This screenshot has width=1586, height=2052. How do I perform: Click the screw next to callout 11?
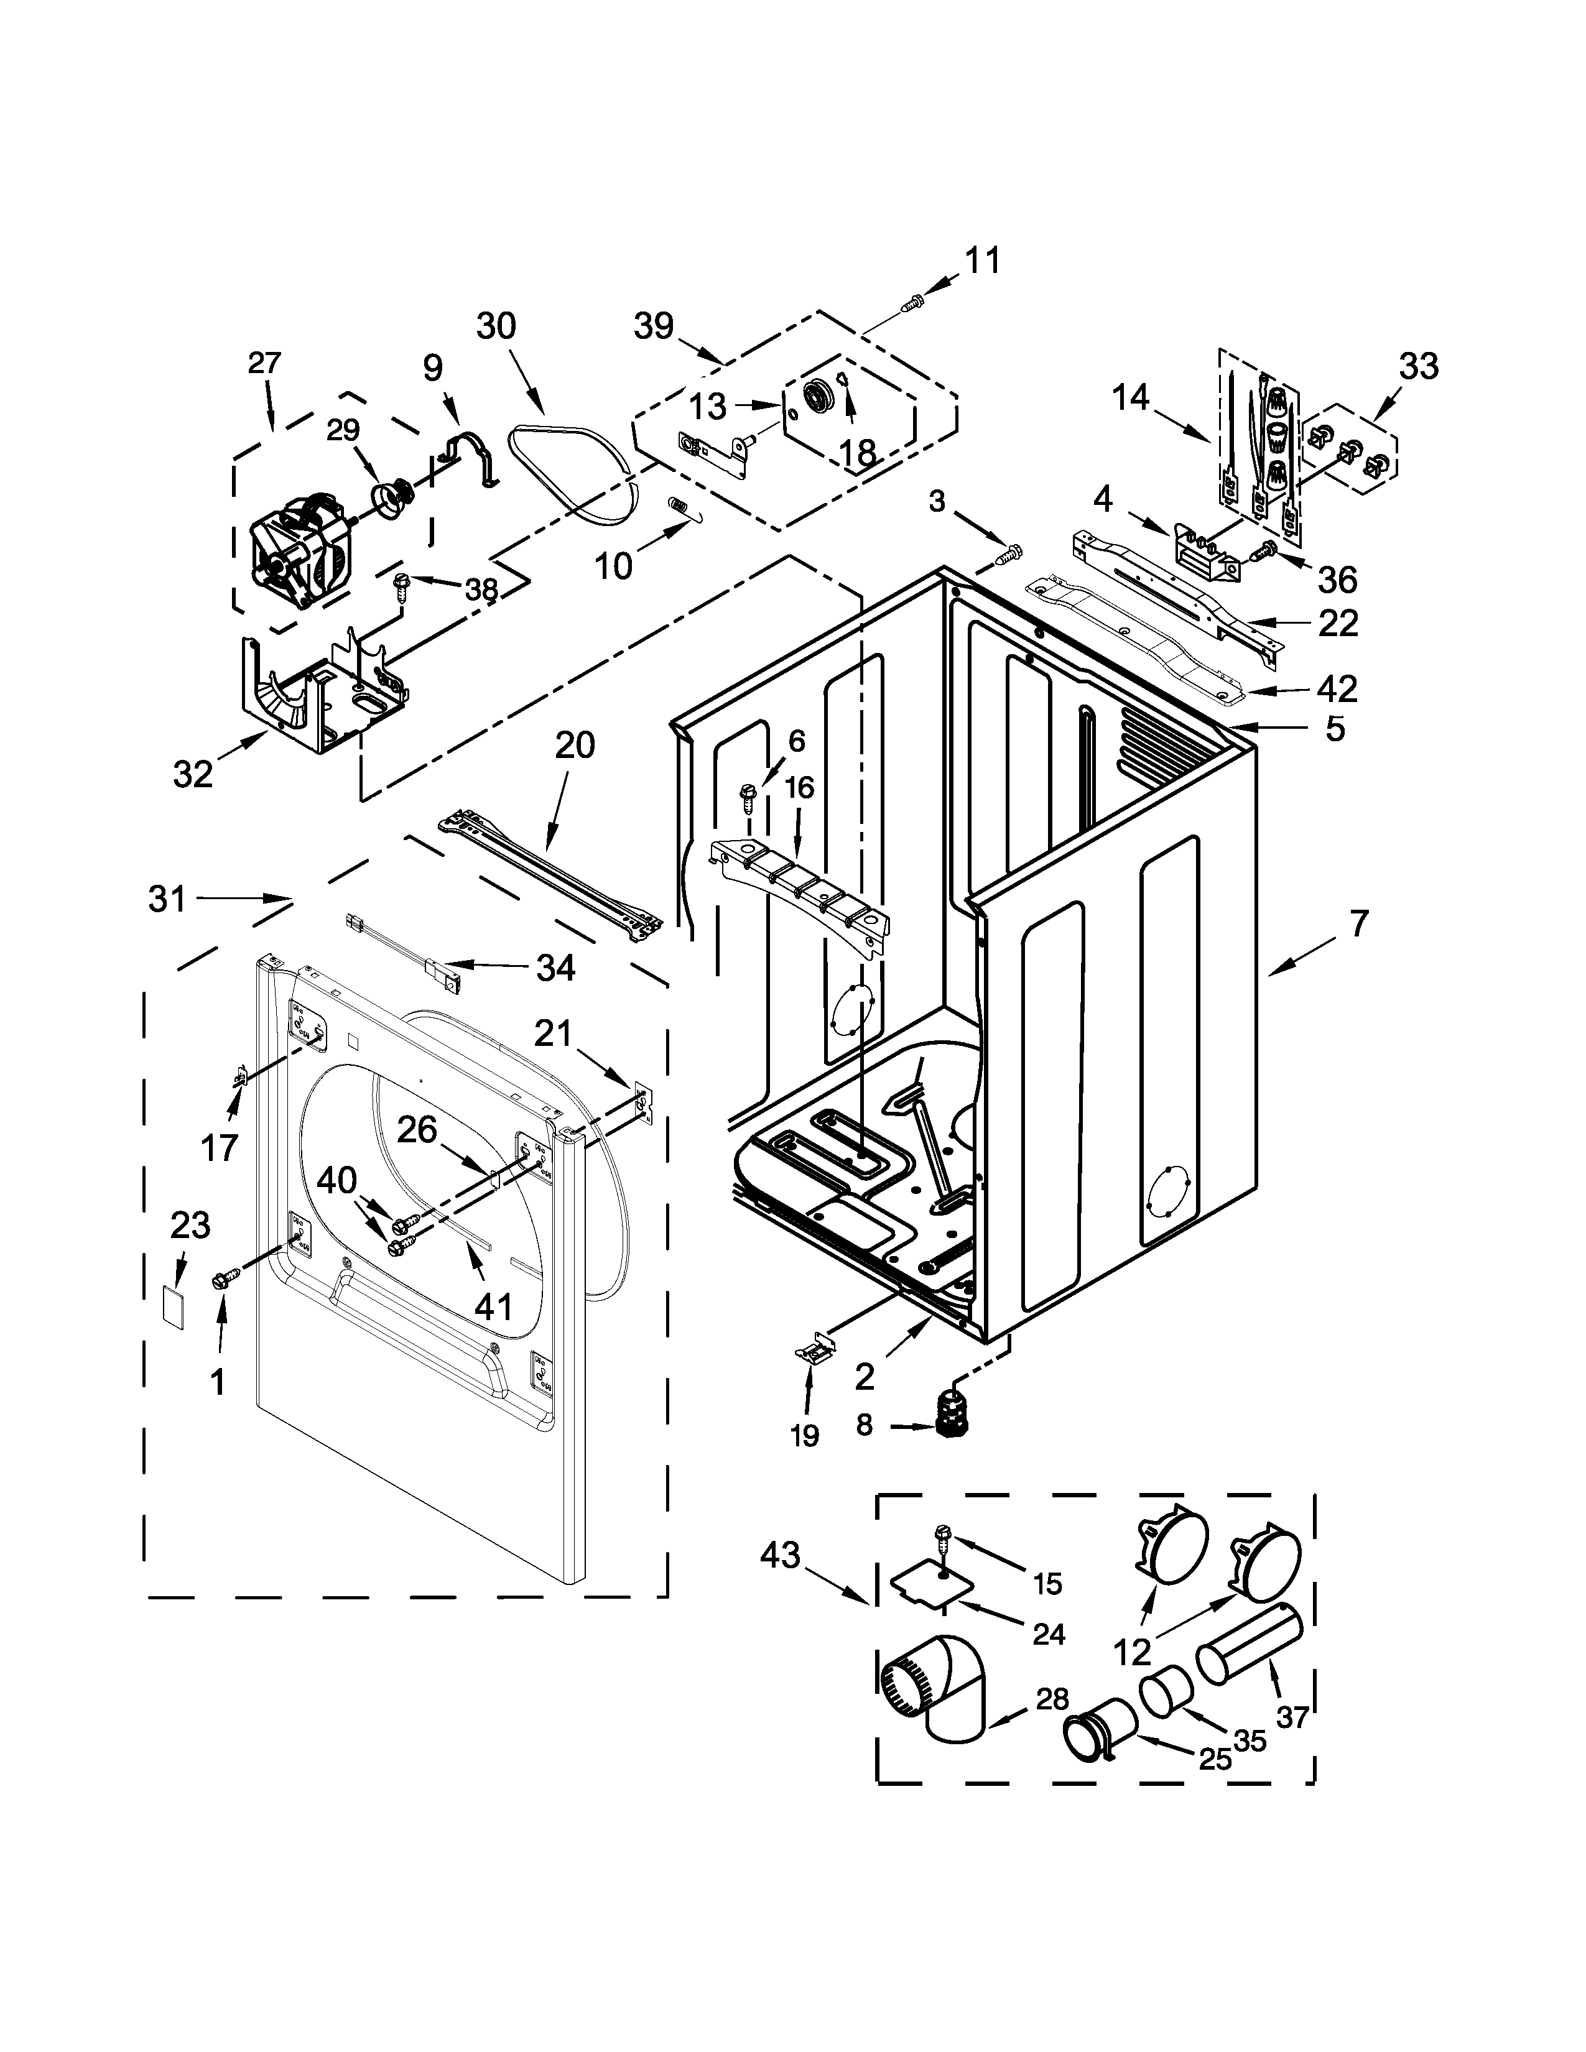coord(913,301)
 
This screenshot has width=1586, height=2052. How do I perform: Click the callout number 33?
coord(1418,366)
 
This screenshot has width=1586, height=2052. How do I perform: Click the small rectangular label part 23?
coord(172,1306)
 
